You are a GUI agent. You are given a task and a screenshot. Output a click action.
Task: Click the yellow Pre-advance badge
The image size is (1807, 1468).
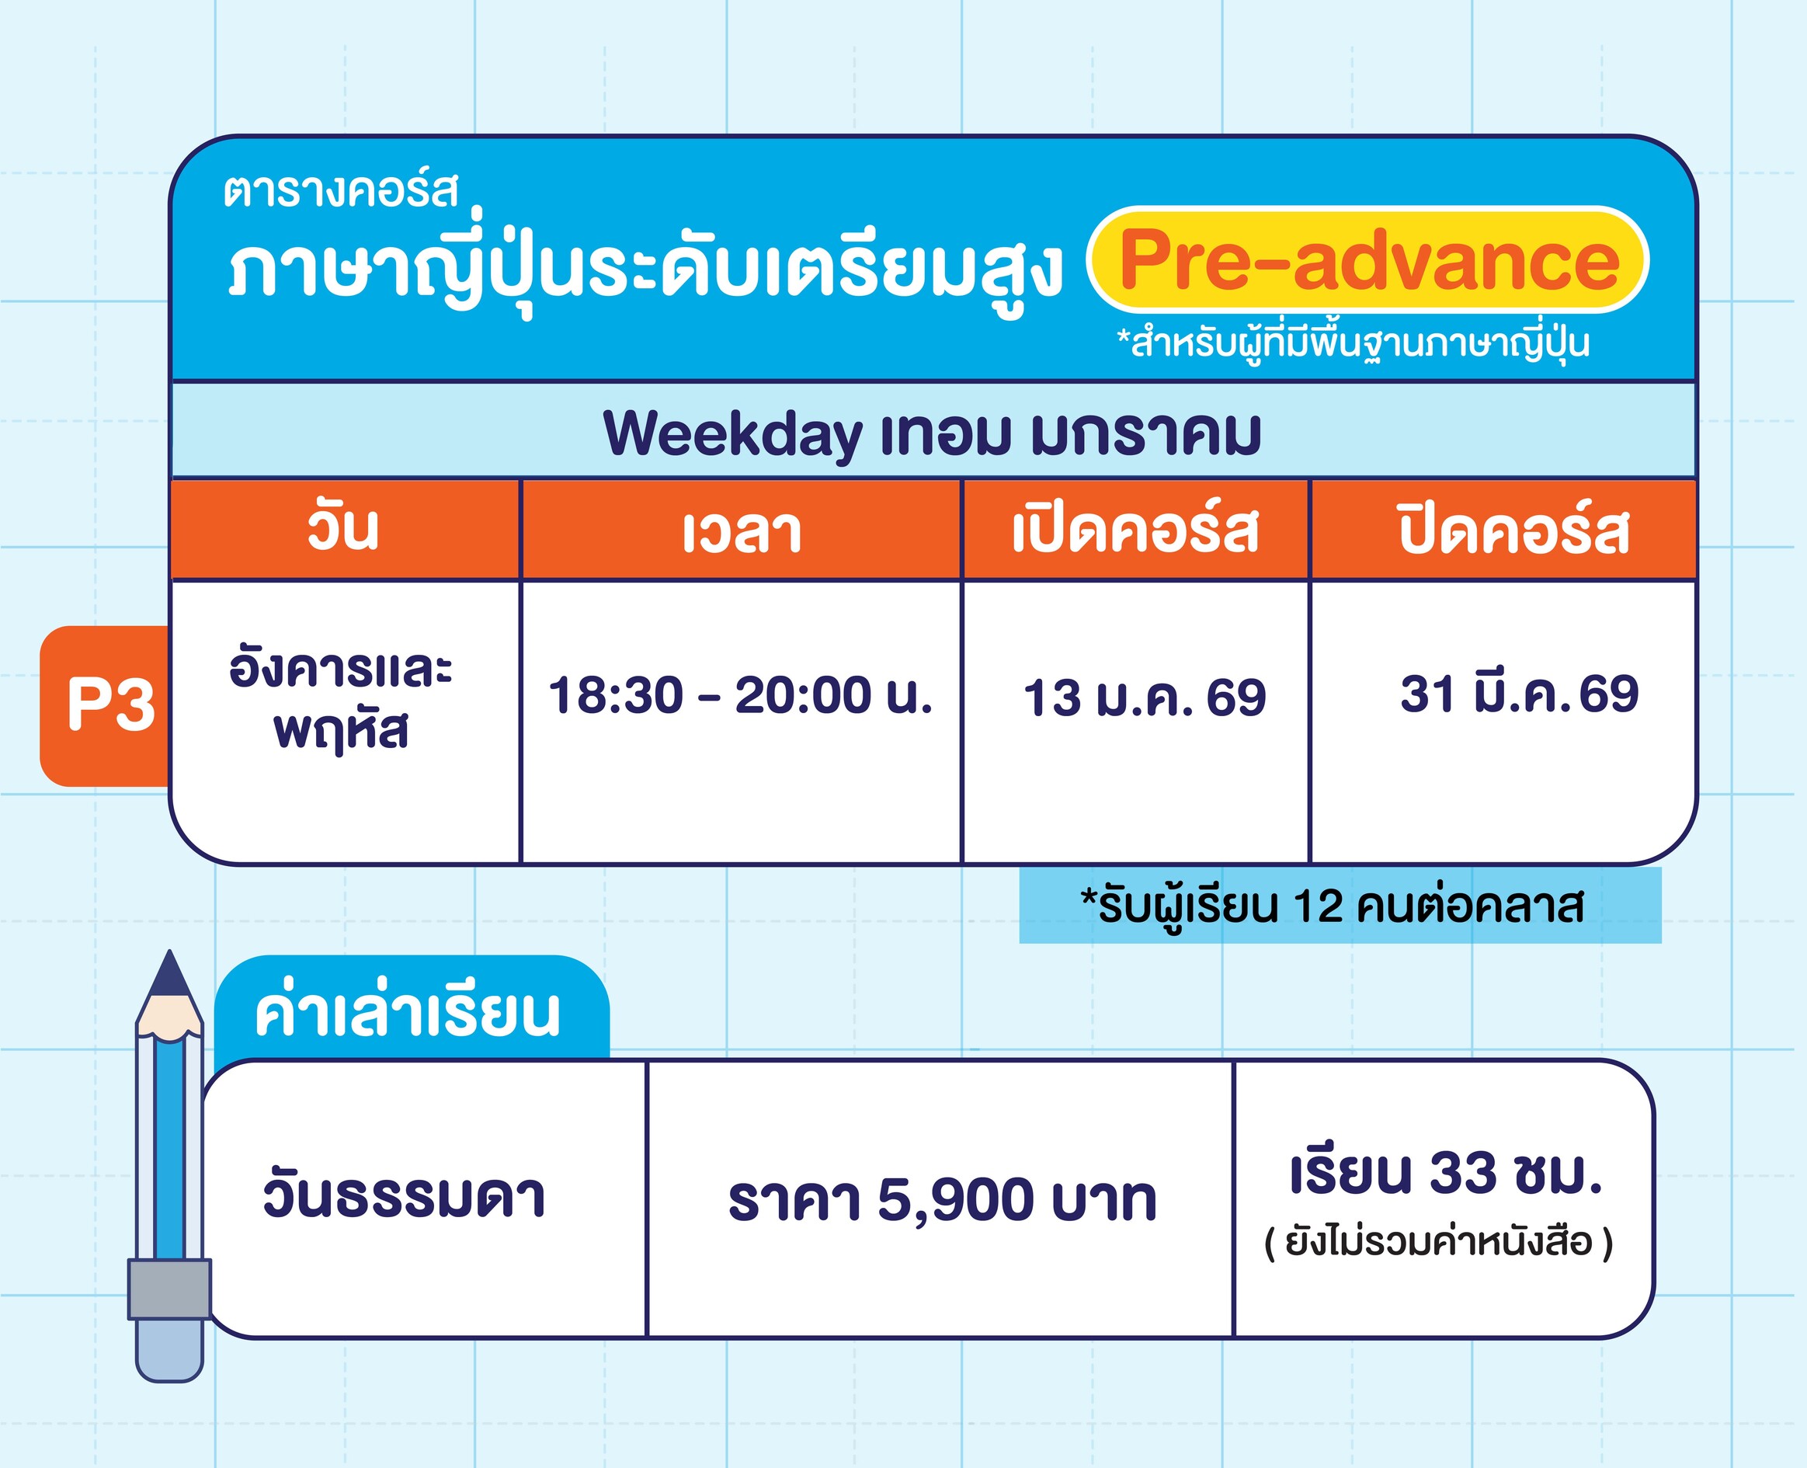click(1367, 259)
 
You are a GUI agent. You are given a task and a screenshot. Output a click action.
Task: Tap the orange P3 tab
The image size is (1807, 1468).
click(105, 706)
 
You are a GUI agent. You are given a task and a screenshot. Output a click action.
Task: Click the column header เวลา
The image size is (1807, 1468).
click(742, 532)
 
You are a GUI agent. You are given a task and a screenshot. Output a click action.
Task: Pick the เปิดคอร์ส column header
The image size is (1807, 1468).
click(1135, 530)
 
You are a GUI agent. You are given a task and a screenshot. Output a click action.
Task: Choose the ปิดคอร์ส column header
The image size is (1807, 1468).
click(1513, 530)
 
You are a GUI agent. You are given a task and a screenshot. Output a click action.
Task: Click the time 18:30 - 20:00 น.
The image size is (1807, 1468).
click(740, 695)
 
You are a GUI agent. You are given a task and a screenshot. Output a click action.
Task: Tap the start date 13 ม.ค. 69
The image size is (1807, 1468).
click(1145, 697)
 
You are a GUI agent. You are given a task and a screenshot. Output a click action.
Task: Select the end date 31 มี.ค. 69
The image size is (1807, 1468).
click(1520, 694)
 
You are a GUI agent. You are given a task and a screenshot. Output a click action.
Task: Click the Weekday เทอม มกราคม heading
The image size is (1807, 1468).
click(933, 434)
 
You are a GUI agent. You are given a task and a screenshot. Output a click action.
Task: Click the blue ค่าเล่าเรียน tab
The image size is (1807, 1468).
click(411, 1009)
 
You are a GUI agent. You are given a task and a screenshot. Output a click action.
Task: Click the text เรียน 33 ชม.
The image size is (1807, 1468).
click(1446, 1173)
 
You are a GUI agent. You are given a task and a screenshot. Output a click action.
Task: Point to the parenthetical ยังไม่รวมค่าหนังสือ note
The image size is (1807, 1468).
click(1438, 1242)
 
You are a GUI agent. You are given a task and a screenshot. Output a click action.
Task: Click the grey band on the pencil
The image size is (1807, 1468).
click(169, 1289)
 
